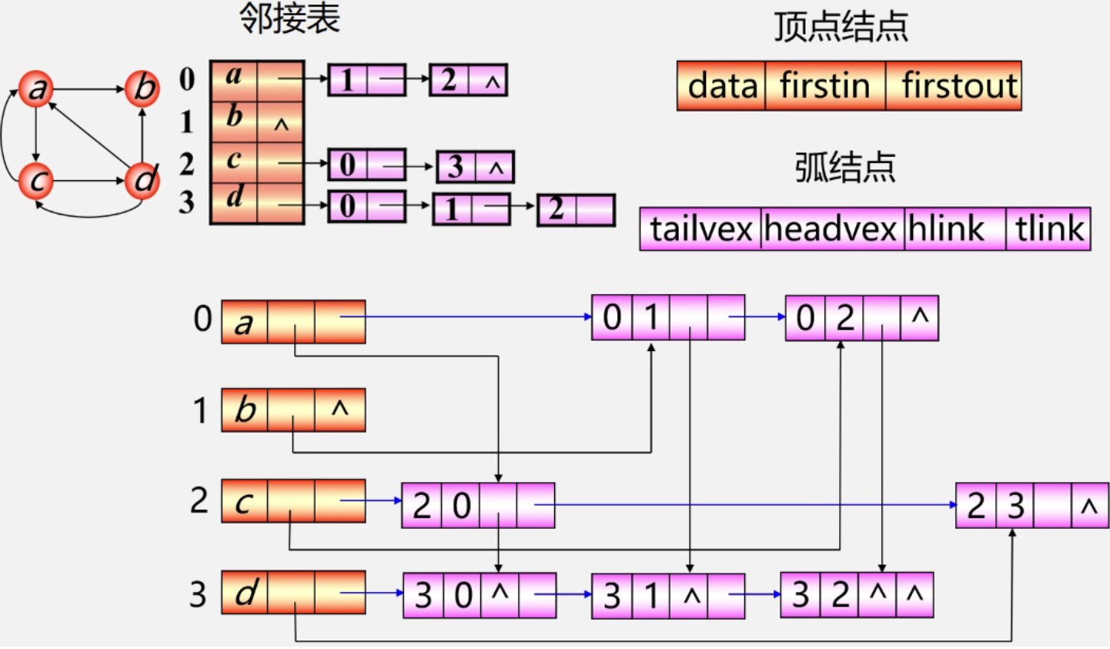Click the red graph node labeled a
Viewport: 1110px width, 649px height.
coord(36,89)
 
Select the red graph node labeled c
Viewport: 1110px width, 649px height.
coord(36,181)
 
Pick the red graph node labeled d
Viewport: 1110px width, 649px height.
coord(142,181)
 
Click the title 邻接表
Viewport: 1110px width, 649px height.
coord(289,18)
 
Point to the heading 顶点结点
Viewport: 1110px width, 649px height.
coord(841,27)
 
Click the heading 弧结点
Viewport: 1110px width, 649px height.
coord(845,167)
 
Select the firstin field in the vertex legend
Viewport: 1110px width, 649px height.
coord(824,85)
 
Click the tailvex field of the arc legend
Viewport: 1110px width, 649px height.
coord(700,229)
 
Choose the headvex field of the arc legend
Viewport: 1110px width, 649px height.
coord(832,229)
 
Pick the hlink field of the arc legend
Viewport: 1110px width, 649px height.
coord(955,229)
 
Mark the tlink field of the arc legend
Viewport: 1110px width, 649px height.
coord(1048,229)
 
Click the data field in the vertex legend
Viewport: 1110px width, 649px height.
coord(721,85)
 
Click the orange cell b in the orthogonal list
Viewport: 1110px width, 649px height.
coord(245,410)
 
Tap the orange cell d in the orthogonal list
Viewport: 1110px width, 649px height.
coord(245,593)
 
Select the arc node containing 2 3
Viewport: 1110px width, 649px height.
coord(1031,506)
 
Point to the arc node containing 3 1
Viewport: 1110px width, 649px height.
coord(667,595)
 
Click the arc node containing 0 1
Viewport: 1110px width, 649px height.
coord(667,317)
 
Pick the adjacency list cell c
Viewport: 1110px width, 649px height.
coord(234,162)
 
